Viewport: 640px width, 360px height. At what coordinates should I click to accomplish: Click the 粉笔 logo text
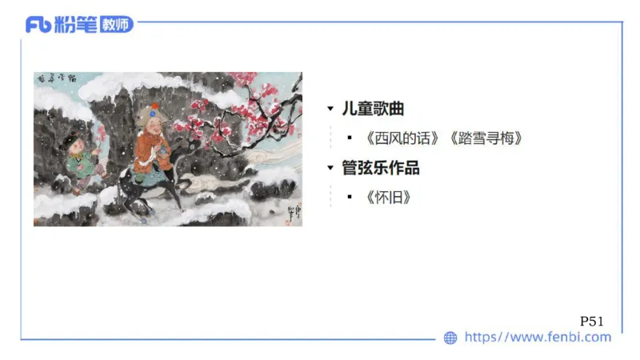click(76, 25)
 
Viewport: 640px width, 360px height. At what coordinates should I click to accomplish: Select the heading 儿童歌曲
click(373, 110)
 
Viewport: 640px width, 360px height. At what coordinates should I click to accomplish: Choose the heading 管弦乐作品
click(381, 168)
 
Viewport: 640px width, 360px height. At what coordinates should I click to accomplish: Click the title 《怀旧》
click(388, 197)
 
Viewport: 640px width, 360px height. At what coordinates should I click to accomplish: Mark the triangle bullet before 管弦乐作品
click(330, 169)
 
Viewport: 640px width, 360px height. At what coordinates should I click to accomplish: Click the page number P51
click(591, 321)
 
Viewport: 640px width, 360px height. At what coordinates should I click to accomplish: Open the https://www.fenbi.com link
click(538, 337)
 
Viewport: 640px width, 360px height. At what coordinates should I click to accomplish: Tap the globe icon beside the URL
click(450, 338)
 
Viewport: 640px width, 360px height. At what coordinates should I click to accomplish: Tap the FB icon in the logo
click(38, 25)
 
